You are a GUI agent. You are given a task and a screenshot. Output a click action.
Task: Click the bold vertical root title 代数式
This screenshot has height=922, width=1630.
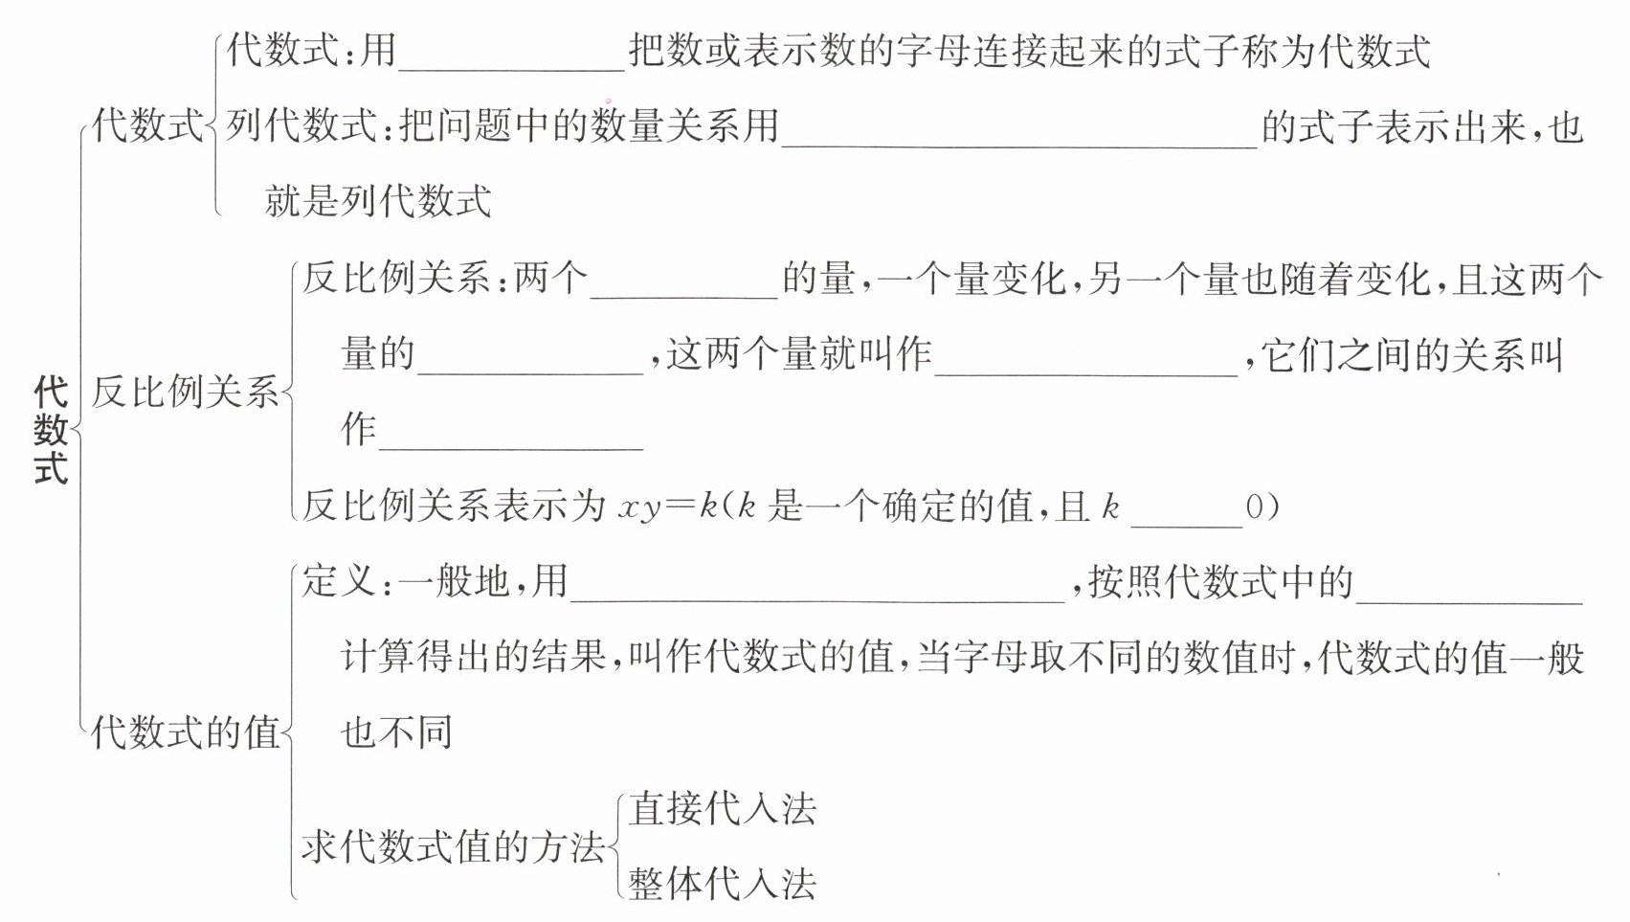tap(51, 430)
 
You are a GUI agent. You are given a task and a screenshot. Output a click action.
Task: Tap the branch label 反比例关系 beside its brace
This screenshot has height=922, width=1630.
tap(184, 393)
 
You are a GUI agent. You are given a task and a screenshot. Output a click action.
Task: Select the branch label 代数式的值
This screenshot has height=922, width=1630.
tap(184, 733)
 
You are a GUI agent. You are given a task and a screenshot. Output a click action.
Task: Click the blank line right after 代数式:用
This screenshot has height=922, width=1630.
tap(512, 57)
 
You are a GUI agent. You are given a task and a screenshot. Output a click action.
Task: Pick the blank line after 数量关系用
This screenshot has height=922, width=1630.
tap(1018, 134)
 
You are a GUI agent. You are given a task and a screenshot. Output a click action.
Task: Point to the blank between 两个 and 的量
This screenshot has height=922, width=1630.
tap(683, 286)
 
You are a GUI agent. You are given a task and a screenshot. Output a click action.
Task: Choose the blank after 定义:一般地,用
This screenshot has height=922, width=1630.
tap(817, 589)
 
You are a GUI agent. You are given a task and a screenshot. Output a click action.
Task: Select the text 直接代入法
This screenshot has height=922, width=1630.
tap(723, 810)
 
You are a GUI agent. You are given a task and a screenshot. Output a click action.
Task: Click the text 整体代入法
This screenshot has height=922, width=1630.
tap(723, 884)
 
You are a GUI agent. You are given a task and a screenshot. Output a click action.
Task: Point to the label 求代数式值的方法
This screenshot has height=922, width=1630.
tap(454, 847)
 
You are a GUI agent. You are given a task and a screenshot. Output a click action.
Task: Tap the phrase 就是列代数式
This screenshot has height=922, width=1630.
tap(378, 201)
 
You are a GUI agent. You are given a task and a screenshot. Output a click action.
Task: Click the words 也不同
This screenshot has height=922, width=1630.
tap(396, 733)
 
